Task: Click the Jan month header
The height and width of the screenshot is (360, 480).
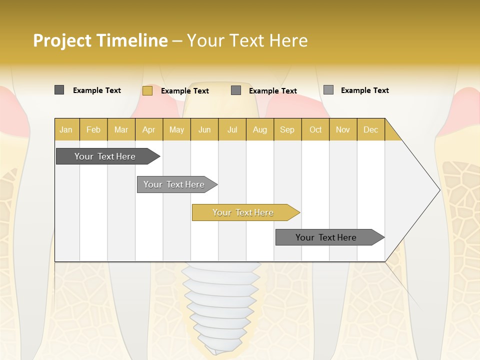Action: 66,129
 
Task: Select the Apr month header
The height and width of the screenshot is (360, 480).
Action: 148,129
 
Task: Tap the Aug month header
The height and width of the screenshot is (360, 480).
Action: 259,129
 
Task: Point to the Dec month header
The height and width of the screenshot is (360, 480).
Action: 370,129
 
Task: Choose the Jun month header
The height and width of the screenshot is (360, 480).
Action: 204,129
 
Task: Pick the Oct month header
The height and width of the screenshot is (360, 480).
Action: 315,129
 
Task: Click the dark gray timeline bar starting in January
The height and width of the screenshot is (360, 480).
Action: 105,156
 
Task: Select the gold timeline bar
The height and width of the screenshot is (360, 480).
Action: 243,212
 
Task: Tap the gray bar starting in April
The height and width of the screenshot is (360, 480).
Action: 174,184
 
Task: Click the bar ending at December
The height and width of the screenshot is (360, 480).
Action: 326,237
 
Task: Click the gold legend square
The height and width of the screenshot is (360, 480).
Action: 147,90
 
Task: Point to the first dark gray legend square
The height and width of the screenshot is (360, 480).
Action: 59,90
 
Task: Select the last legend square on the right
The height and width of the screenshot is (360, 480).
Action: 328,90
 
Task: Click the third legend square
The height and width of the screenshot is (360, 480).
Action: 236,90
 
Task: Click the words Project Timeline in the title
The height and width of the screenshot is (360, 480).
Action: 100,40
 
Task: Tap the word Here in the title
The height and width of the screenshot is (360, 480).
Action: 288,40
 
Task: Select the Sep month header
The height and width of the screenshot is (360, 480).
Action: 287,129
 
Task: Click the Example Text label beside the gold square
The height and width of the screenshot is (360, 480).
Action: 184,91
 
